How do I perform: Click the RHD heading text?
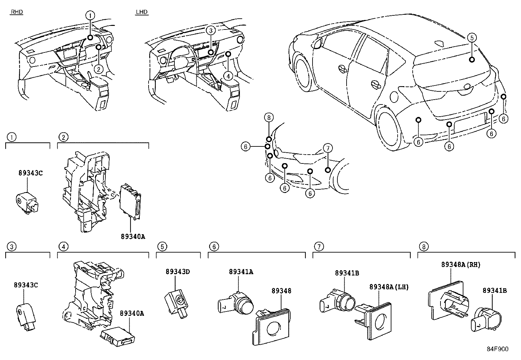click(17, 12)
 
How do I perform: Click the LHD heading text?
click(142, 12)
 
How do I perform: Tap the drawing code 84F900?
click(497, 349)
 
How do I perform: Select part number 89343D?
click(178, 272)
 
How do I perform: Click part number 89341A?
click(241, 272)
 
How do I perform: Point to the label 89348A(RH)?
click(460, 265)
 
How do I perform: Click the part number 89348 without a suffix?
click(281, 291)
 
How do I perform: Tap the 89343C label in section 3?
click(26, 285)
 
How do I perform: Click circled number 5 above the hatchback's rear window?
click(471, 38)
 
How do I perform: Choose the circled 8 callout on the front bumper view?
click(268, 117)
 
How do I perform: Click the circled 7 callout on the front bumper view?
click(328, 148)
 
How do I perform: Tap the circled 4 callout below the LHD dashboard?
click(228, 76)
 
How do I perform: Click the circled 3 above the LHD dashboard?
click(211, 30)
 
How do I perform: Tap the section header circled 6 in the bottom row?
click(213, 246)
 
